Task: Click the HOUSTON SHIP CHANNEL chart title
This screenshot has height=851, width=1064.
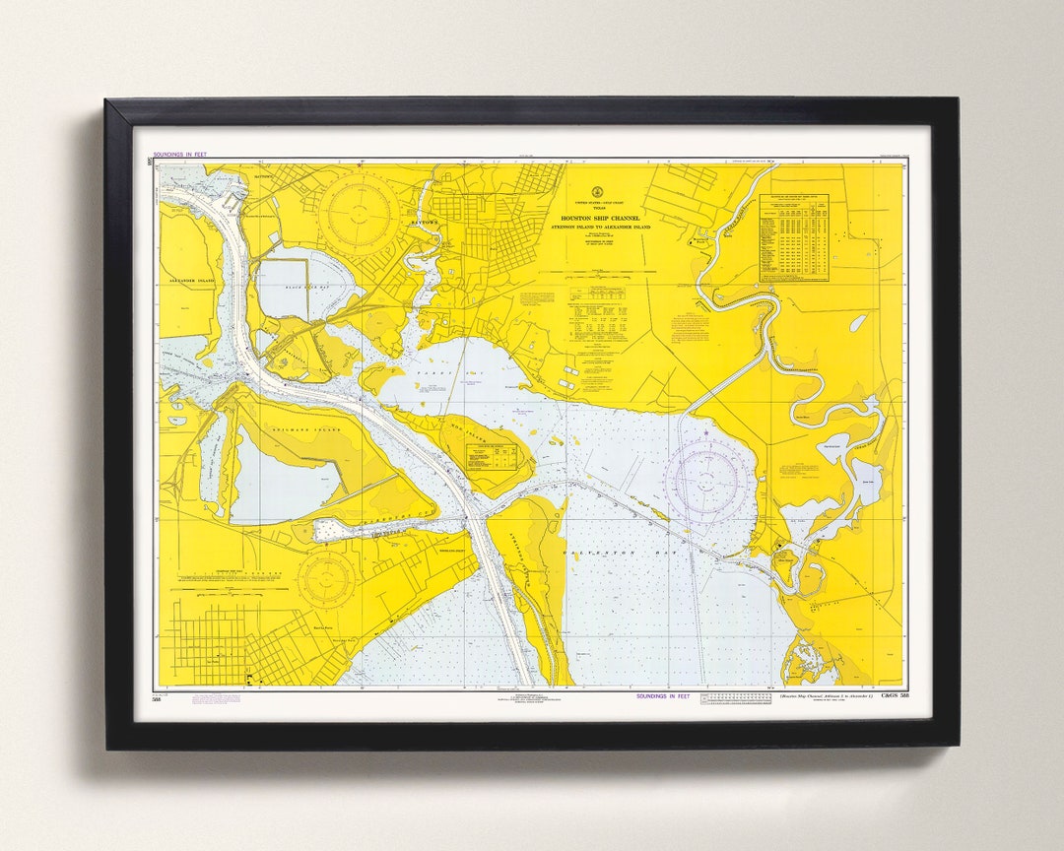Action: click(x=600, y=218)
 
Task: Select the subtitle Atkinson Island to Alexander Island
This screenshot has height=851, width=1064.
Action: click(x=600, y=228)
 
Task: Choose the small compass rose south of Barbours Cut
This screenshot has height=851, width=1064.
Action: click(x=325, y=579)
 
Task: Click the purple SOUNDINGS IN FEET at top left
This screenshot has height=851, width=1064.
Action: click(x=180, y=156)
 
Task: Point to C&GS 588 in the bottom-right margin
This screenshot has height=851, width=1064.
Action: click(x=890, y=696)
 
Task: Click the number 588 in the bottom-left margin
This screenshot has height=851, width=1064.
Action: click(x=157, y=698)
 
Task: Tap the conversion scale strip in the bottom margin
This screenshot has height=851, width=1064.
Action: click(x=736, y=697)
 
